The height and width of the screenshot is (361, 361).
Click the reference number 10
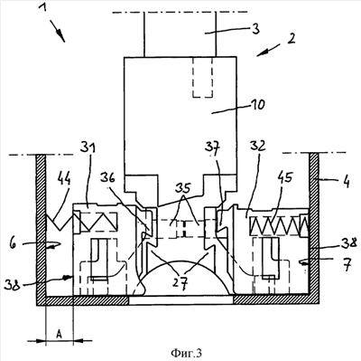pyautogui.click(x=257, y=104)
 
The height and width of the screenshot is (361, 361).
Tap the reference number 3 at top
pyautogui.click(x=255, y=29)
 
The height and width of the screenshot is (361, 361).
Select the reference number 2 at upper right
pyautogui.click(x=291, y=39)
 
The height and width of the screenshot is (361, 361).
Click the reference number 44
pyautogui.click(x=63, y=179)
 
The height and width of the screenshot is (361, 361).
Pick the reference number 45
pyautogui.click(x=285, y=177)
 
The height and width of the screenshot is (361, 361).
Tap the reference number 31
pyautogui.click(x=88, y=148)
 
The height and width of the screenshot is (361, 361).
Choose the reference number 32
pyautogui.click(x=258, y=146)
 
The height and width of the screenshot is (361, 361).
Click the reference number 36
pyautogui.click(x=107, y=178)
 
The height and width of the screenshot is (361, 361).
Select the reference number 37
pyautogui.click(x=213, y=147)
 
